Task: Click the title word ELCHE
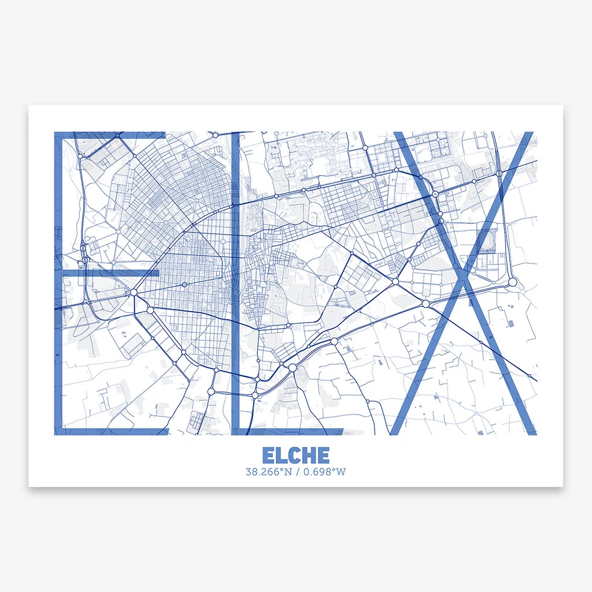point(295,455)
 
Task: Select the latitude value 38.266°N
point(269,472)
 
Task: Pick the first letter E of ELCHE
point(268,455)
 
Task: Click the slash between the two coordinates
point(297,472)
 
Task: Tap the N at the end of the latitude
point(288,472)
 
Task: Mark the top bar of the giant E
point(110,135)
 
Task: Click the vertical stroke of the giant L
point(235,283)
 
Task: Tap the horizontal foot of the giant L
point(289,431)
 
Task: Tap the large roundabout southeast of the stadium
point(512,282)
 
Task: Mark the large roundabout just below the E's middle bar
point(134,293)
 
